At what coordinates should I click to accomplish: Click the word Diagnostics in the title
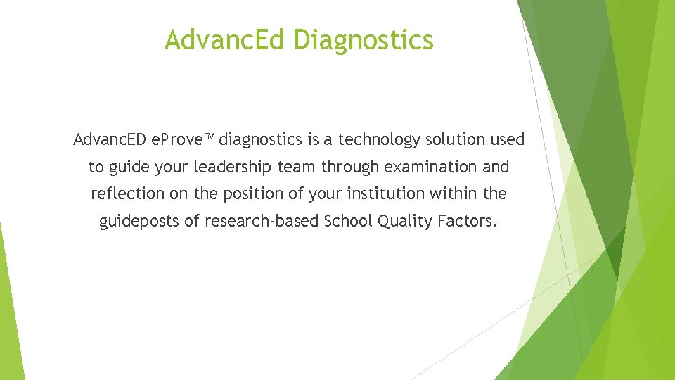pos(364,40)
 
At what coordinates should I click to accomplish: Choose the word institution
pos(386,194)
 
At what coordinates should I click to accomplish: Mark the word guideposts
pos(139,221)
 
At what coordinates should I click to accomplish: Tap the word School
pos(348,221)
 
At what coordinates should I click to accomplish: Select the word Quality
pos(405,221)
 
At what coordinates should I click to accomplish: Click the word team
pos(297,167)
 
